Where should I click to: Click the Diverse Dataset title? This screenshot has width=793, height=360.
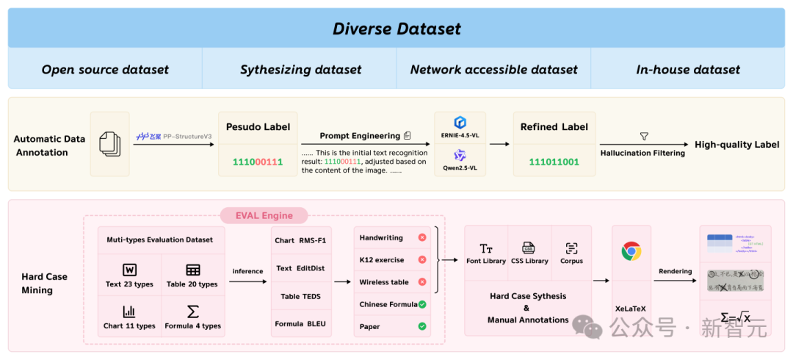coord(396,29)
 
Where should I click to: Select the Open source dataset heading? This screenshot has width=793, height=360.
coord(105,70)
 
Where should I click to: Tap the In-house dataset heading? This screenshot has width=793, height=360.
coord(688,70)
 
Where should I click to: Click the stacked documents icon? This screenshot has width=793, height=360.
coord(109,144)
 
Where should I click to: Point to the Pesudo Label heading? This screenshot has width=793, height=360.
coord(258,126)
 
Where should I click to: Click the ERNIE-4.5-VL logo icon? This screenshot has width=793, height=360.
coord(460,123)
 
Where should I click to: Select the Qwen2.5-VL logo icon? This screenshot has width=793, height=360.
coord(460,155)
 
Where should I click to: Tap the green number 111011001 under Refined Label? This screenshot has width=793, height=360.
coord(554,162)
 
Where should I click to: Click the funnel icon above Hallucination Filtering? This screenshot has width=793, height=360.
coord(644,137)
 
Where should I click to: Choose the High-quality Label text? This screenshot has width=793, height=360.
coord(736,145)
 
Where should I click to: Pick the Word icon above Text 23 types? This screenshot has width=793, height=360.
coord(129,270)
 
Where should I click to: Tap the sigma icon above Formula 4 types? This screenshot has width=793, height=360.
coord(192,312)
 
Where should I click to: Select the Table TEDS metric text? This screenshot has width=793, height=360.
coord(301,296)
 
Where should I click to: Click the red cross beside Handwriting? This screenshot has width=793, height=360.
coord(422,237)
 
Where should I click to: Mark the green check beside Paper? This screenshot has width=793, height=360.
coord(422,326)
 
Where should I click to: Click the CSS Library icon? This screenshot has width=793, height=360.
coord(528,248)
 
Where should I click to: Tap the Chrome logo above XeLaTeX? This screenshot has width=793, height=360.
coord(631,251)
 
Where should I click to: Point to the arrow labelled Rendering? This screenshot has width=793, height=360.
coord(676,281)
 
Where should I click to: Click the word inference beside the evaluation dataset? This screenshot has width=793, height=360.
coord(247,271)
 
